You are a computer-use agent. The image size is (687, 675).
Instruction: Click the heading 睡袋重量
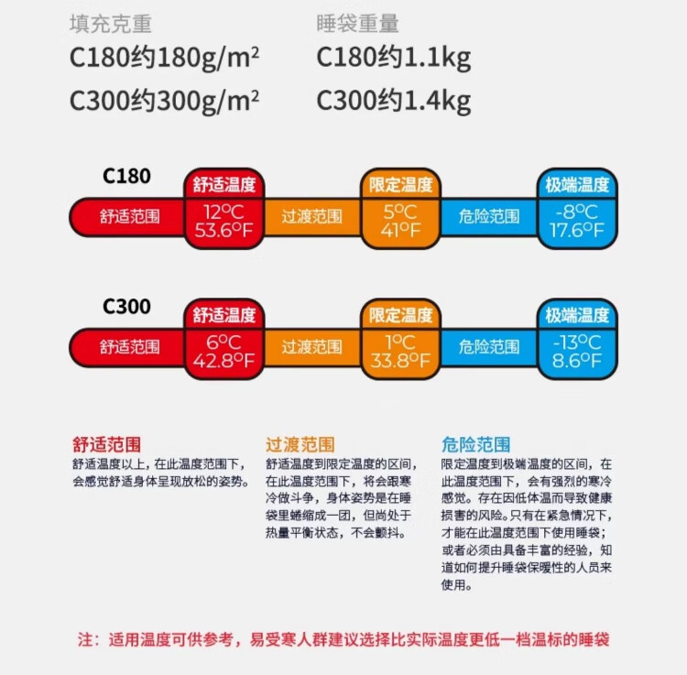(x=358, y=23)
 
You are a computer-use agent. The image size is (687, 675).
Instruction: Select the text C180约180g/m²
(x=165, y=59)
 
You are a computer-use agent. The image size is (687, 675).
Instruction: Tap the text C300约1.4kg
(x=394, y=99)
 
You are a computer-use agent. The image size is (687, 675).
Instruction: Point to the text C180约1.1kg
(x=394, y=59)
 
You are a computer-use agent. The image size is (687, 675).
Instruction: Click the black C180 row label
(x=127, y=176)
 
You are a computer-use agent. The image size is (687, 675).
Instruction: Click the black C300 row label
(x=127, y=307)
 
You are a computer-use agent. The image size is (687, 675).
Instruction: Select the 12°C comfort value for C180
(x=224, y=210)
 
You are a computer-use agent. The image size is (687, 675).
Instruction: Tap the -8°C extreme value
(x=576, y=210)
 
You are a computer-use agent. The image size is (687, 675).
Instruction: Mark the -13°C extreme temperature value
(x=576, y=342)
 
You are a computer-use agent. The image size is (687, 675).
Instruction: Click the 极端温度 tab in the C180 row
(x=576, y=185)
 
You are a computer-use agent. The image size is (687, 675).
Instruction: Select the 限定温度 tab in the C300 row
(x=400, y=316)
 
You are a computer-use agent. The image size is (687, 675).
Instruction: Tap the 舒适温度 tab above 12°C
(x=224, y=185)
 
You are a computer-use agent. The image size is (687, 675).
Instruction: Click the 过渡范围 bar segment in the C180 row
(x=311, y=217)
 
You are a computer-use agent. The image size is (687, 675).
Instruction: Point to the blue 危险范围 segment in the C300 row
(x=488, y=347)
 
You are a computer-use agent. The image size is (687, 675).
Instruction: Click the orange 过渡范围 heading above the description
(x=300, y=445)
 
